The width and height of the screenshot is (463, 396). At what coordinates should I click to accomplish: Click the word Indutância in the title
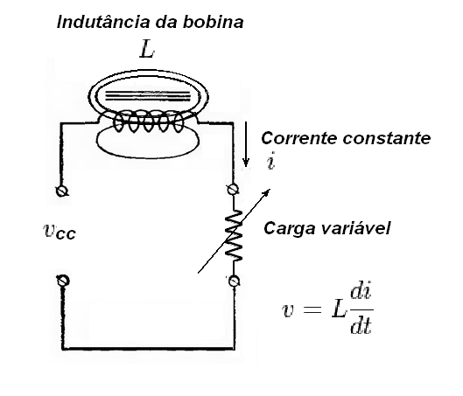click(104, 22)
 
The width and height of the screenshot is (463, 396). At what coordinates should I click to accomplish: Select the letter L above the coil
click(147, 50)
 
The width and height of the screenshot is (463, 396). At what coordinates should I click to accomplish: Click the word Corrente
click(299, 138)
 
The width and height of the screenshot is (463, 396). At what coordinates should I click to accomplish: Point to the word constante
click(387, 138)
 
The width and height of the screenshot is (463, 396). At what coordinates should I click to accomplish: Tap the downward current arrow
click(246, 144)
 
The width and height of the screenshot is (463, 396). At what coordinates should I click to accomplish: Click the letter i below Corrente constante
click(270, 161)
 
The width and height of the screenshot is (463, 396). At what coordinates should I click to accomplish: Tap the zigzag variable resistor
click(234, 235)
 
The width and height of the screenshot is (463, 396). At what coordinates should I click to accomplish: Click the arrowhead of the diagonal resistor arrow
click(268, 191)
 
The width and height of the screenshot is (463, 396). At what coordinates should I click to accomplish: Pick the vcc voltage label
click(60, 231)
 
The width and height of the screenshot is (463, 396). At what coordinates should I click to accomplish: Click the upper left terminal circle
click(62, 191)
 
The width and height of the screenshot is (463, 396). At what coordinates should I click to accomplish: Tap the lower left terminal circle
click(63, 281)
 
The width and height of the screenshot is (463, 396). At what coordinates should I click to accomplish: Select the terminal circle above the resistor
click(233, 190)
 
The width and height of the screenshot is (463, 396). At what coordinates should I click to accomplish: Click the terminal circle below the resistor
click(235, 281)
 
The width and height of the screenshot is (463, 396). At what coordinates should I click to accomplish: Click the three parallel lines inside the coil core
click(148, 96)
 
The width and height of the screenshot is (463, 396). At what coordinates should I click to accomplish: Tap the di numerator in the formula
click(361, 292)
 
